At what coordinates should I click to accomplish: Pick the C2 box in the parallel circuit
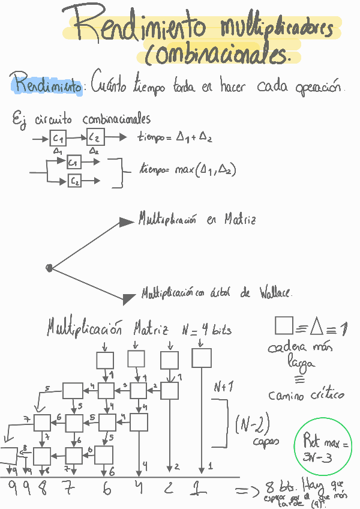coord(74,179)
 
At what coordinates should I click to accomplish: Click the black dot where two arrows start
coord(49,268)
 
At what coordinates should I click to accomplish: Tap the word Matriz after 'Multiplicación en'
coord(240,220)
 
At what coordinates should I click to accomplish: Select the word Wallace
coord(275,294)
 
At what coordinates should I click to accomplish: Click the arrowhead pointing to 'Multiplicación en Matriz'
coord(127,222)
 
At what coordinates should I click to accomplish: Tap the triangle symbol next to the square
coord(317,327)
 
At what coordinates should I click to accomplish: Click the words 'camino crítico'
coord(307,395)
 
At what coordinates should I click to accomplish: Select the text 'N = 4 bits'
coord(207,330)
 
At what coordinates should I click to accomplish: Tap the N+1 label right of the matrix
coord(222,388)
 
